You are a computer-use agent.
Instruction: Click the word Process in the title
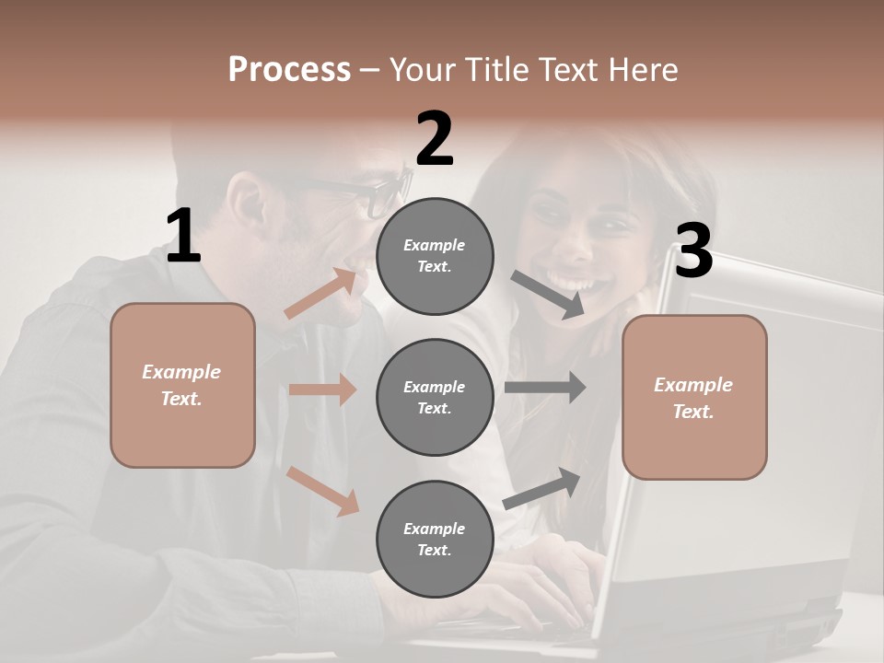[289, 69]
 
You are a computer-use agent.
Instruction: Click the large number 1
[183, 237]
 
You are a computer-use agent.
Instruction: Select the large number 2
[435, 139]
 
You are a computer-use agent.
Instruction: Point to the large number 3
[693, 251]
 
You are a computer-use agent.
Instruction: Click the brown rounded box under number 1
[182, 385]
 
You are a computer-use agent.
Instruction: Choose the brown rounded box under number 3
[694, 397]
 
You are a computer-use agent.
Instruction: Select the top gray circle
[435, 256]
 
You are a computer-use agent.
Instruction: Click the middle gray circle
[435, 397]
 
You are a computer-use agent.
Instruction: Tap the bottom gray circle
[435, 539]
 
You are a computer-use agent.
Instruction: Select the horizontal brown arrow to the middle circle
[322, 390]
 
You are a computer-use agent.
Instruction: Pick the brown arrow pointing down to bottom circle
[322, 490]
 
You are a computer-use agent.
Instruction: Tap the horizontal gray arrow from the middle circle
[545, 388]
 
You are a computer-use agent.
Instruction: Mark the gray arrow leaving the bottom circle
[542, 488]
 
